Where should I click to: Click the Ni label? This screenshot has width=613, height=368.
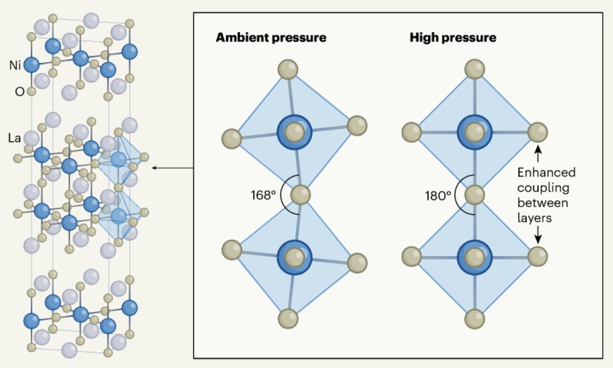tap(15, 65)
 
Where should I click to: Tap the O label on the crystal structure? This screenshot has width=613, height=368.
tap(19, 91)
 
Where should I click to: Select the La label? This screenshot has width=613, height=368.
tap(14, 138)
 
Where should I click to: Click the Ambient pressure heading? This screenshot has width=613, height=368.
tap(271, 38)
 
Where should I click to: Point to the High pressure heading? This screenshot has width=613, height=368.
tap(453, 38)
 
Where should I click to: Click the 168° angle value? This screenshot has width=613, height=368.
tap(263, 195)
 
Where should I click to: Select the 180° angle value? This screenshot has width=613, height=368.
tap(438, 195)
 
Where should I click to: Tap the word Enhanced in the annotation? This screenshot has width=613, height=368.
tap(546, 173)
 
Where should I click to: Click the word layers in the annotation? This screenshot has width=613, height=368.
tap(534, 218)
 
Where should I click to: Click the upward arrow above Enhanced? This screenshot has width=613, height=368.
tap(538, 153)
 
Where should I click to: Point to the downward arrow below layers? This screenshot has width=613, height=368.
tap(538, 235)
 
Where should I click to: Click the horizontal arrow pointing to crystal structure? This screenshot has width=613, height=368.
tap(173, 168)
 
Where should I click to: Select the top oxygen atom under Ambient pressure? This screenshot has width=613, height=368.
tap(288, 69)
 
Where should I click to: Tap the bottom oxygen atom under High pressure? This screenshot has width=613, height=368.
tap(475, 319)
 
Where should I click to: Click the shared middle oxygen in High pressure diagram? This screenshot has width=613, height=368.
tap(475, 195)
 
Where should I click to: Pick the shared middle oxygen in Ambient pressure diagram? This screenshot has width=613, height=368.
tap(300, 195)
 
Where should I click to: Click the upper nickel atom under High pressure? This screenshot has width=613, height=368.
tap(475, 132)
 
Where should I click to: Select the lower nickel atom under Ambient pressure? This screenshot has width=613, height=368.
tap(294, 257)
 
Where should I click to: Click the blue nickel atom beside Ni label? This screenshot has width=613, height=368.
tap(32, 65)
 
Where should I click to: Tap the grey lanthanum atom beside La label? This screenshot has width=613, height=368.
tap(32, 138)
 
